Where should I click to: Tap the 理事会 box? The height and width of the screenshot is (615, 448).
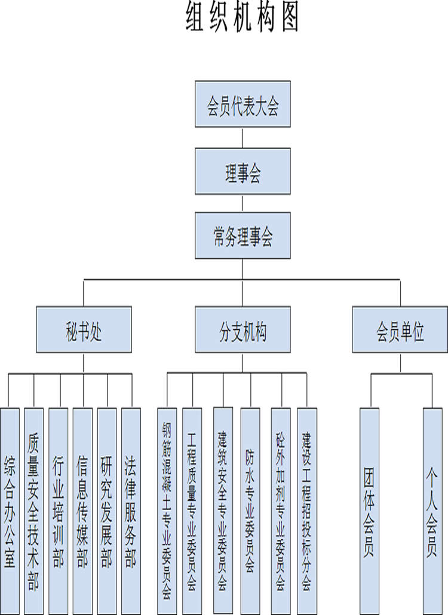(243, 172)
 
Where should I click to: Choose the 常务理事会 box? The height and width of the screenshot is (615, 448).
(243, 237)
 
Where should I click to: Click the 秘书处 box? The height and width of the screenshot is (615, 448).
(84, 330)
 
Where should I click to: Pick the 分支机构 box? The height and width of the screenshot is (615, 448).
(243, 330)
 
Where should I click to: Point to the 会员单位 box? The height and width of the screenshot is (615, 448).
(400, 330)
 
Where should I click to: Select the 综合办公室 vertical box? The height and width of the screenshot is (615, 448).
(10, 510)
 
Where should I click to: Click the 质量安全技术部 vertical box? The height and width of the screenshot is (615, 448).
(34, 510)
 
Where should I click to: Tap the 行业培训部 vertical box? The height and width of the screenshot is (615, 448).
(59, 510)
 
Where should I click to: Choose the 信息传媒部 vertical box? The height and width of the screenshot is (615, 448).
(82, 510)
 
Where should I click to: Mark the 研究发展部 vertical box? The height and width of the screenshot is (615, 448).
(106, 510)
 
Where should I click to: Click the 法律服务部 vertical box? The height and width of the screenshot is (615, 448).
(130, 510)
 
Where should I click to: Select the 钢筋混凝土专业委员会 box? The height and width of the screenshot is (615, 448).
(167, 510)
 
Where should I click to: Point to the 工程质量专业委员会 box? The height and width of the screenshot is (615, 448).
(192, 510)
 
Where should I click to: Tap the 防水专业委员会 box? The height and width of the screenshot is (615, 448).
(250, 510)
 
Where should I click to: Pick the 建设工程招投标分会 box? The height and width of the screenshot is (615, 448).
(307, 510)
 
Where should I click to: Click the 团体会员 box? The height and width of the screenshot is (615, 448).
(369, 510)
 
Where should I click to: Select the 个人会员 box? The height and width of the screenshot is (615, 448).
(432, 510)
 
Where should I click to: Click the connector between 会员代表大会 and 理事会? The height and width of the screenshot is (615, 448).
(243, 137)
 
